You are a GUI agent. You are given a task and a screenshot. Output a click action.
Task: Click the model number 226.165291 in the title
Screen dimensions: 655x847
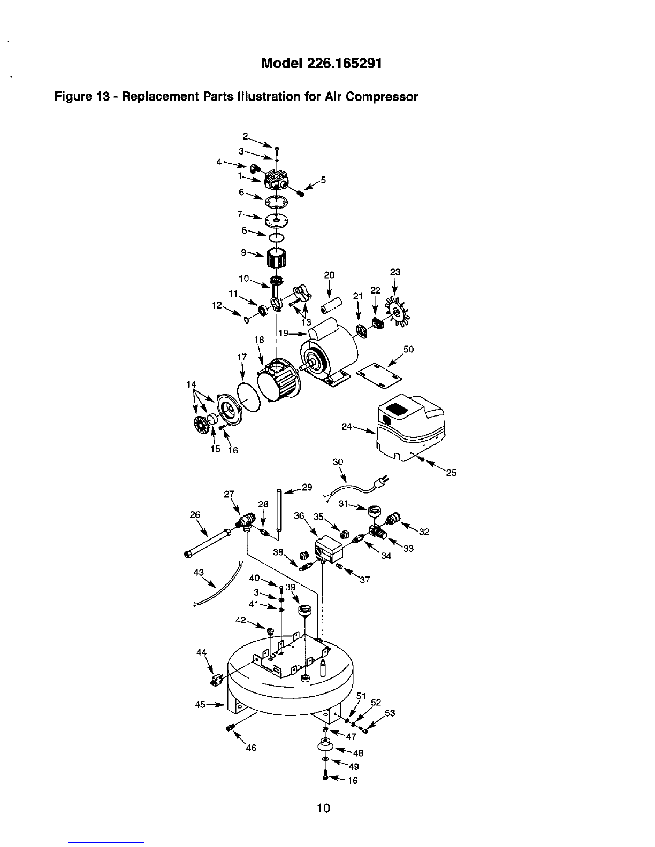point(345,63)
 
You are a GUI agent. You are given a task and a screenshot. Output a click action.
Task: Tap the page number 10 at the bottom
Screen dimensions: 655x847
point(323,808)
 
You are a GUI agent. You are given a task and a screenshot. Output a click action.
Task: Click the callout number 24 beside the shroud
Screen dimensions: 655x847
point(346,426)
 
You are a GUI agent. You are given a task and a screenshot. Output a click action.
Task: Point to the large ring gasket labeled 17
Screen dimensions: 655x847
point(249,396)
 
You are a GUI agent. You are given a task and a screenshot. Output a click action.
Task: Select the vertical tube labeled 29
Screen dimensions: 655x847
point(279,510)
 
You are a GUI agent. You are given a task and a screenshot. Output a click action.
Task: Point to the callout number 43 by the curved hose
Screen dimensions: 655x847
point(199,573)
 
